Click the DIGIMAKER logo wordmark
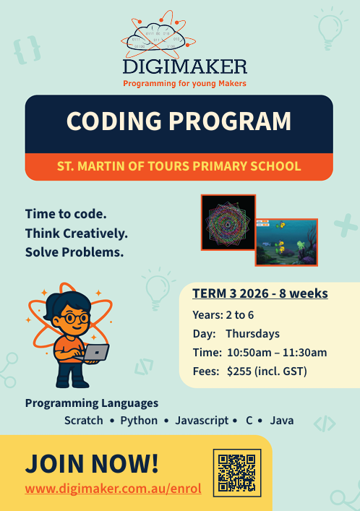(185, 66)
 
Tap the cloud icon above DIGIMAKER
(156, 36)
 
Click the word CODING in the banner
(114, 121)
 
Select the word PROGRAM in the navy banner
(230, 121)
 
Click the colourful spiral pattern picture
(228, 223)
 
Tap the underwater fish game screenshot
(287, 242)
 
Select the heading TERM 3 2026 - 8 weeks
(260, 293)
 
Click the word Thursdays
(253, 334)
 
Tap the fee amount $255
(239, 372)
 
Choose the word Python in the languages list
(139, 421)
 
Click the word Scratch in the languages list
(83, 421)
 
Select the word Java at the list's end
(282, 421)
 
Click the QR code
(237, 473)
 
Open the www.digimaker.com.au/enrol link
(113, 489)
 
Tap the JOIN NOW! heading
(92, 463)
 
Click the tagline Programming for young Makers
(184, 84)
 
